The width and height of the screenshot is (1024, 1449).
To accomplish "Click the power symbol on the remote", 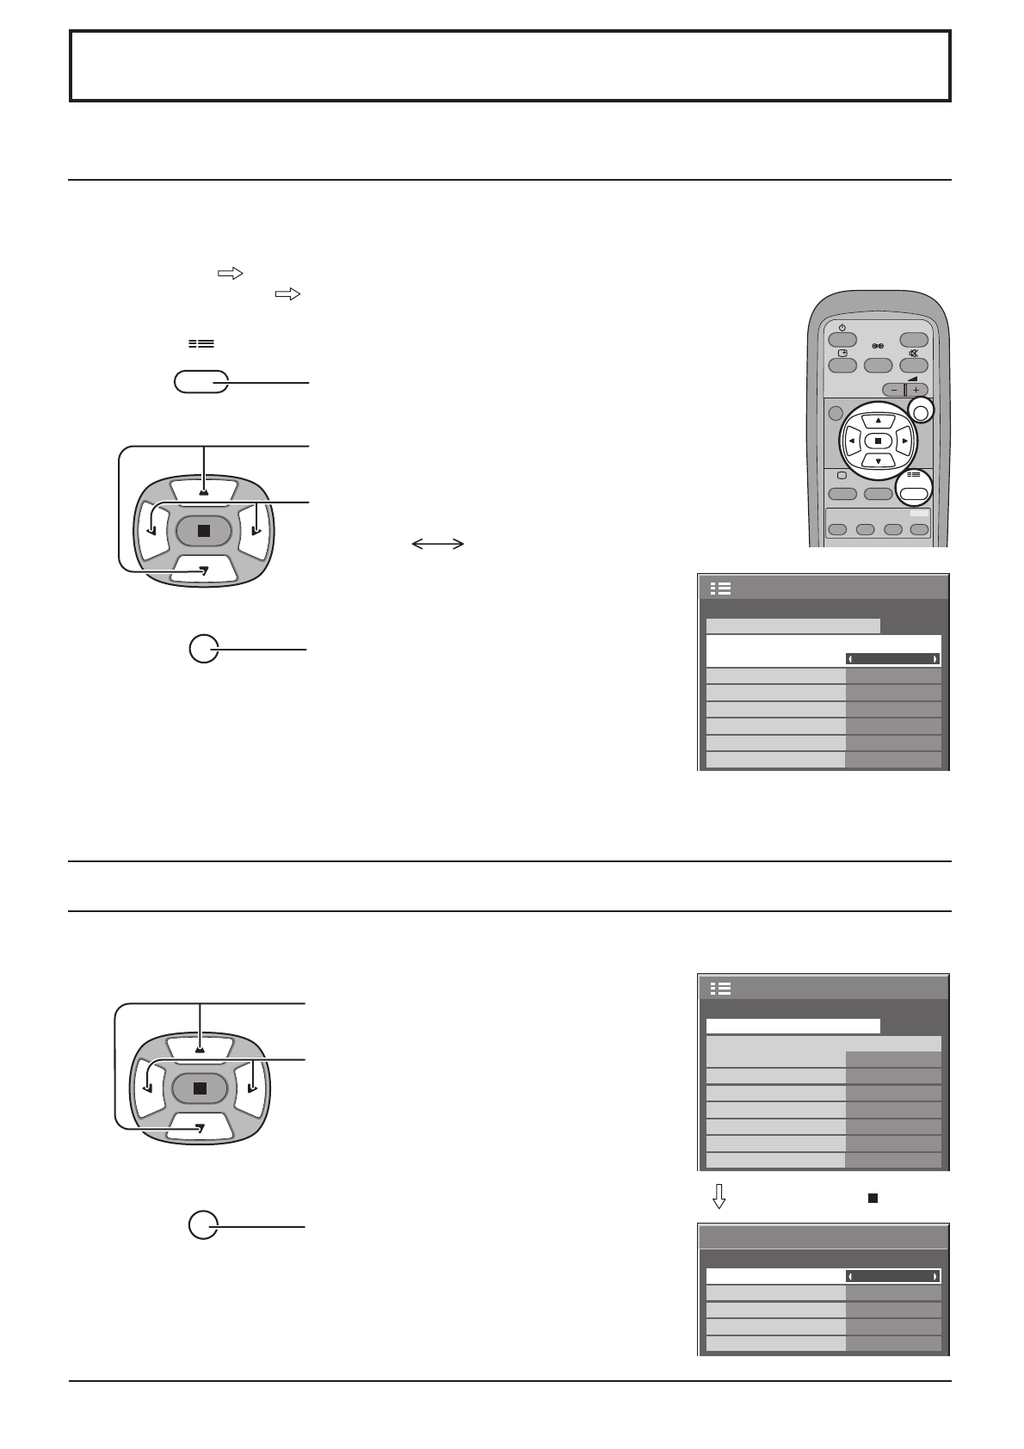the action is [842, 328].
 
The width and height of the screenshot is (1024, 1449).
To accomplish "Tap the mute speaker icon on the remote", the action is [913, 354].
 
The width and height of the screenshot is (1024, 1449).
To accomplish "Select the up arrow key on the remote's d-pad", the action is [878, 421].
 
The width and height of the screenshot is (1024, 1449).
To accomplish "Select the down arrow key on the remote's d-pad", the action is [878, 460].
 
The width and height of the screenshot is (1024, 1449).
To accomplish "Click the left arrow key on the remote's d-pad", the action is [851, 441].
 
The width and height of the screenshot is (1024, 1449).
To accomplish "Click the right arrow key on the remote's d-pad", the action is [904, 441].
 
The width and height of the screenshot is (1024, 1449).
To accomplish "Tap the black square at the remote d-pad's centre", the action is [878, 441].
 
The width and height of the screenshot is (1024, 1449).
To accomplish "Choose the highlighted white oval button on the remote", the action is [914, 494].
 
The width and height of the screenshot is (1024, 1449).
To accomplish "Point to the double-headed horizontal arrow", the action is [438, 544].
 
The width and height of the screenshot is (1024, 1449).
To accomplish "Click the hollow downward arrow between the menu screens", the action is [720, 1197].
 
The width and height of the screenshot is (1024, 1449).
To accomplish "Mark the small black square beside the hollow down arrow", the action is [872, 1197].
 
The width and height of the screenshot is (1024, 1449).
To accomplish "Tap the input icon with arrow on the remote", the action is [842, 354].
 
